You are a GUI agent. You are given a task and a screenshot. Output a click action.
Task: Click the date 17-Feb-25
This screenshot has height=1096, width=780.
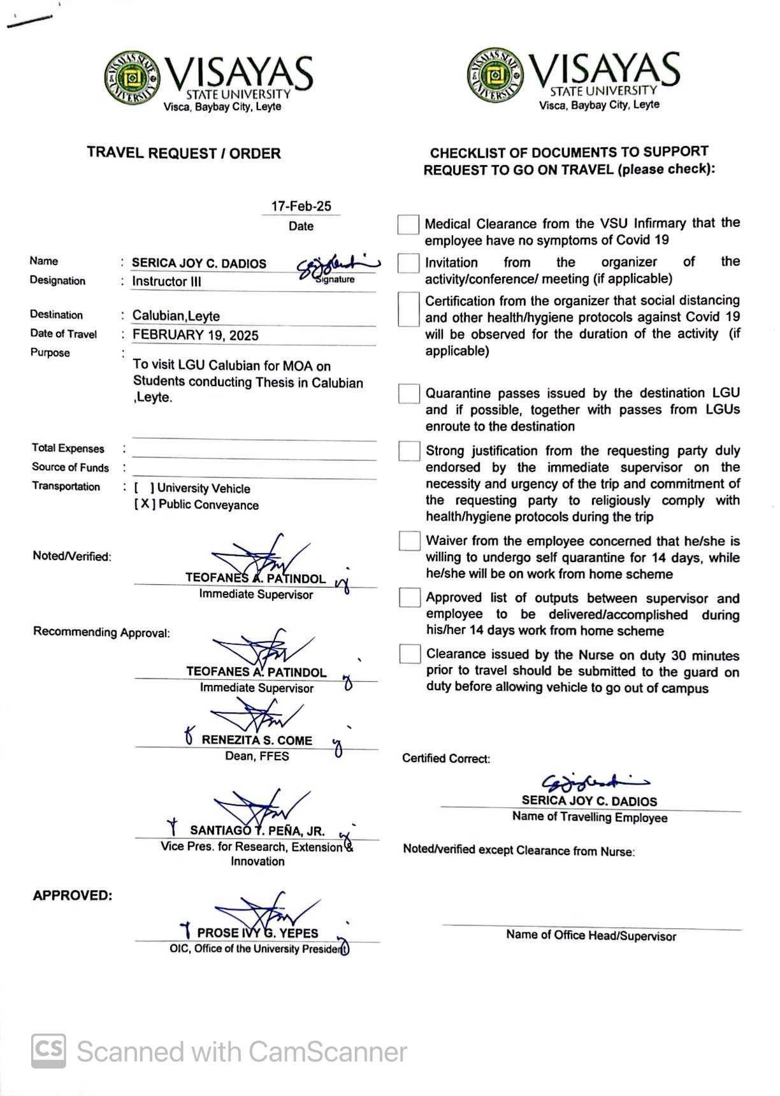(301, 206)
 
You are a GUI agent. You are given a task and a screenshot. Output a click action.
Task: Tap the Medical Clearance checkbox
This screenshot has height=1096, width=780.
(408, 224)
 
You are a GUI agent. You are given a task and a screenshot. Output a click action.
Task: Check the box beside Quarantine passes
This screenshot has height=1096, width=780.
(408, 394)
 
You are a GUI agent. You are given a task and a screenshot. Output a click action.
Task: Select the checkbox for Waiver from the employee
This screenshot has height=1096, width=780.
(409, 541)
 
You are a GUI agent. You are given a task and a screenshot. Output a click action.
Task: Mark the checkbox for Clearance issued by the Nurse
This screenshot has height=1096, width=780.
(410, 654)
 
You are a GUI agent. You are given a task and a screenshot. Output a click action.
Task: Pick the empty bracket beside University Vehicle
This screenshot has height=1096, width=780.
(144, 489)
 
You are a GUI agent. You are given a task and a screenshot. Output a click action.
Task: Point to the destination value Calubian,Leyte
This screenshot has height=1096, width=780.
(176, 316)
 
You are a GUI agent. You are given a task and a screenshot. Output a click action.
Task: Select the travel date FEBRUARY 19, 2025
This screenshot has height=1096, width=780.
(195, 336)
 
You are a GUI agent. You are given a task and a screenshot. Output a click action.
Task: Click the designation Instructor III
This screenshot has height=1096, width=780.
(166, 282)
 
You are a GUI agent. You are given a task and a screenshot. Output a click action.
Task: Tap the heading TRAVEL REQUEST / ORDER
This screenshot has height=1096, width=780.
(184, 154)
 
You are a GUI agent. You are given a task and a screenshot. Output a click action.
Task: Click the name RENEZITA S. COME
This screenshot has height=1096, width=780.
(257, 740)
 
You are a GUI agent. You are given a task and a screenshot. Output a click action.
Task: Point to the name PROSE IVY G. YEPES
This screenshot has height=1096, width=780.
(257, 933)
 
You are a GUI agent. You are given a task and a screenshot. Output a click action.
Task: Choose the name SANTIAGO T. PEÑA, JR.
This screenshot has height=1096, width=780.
(257, 831)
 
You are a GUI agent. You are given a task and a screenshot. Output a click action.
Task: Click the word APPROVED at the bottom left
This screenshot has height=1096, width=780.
(72, 895)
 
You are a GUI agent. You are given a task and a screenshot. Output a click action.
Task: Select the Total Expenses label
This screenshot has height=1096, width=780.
(68, 449)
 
